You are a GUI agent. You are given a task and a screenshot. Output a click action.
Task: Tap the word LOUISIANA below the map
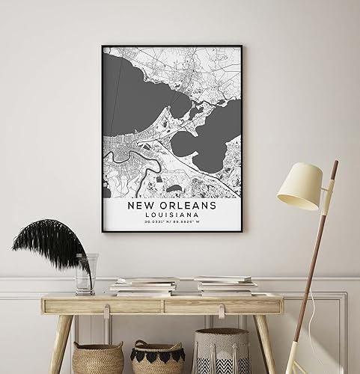[x=171, y=214]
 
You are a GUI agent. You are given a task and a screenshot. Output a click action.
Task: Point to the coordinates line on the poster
[x=171, y=221]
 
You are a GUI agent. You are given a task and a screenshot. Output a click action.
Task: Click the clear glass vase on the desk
[x=86, y=274]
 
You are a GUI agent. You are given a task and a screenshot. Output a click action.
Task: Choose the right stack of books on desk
[x=225, y=285]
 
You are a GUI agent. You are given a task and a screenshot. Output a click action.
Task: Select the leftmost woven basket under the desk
[x=98, y=358]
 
